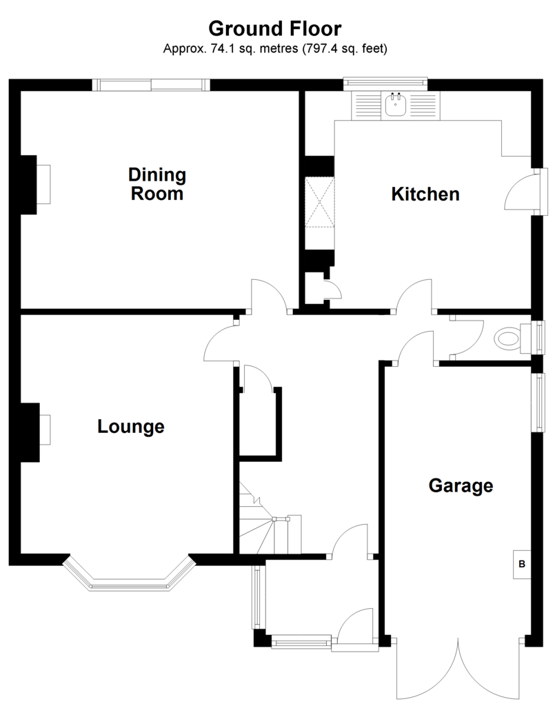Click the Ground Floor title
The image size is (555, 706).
click(x=274, y=28)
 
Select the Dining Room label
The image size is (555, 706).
click(x=157, y=183)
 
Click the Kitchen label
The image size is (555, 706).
click(x=425, y=194)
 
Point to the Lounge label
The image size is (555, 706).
click(x=131, y=426)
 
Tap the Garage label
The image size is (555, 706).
click(x=461, y=486)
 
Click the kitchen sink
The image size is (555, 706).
click(x=396, y=105)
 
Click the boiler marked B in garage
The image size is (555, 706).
click(x=522, y=564)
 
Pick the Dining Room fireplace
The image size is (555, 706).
click(x=35, y=185)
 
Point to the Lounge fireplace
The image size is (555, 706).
click(x=36, y=432)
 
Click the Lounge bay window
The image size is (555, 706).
click(x=130, y=578)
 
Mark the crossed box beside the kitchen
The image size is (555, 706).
click(x=320, y=201)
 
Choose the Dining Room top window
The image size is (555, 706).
click(x=151, y=85)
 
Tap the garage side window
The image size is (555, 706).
click(x=538, y=402)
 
